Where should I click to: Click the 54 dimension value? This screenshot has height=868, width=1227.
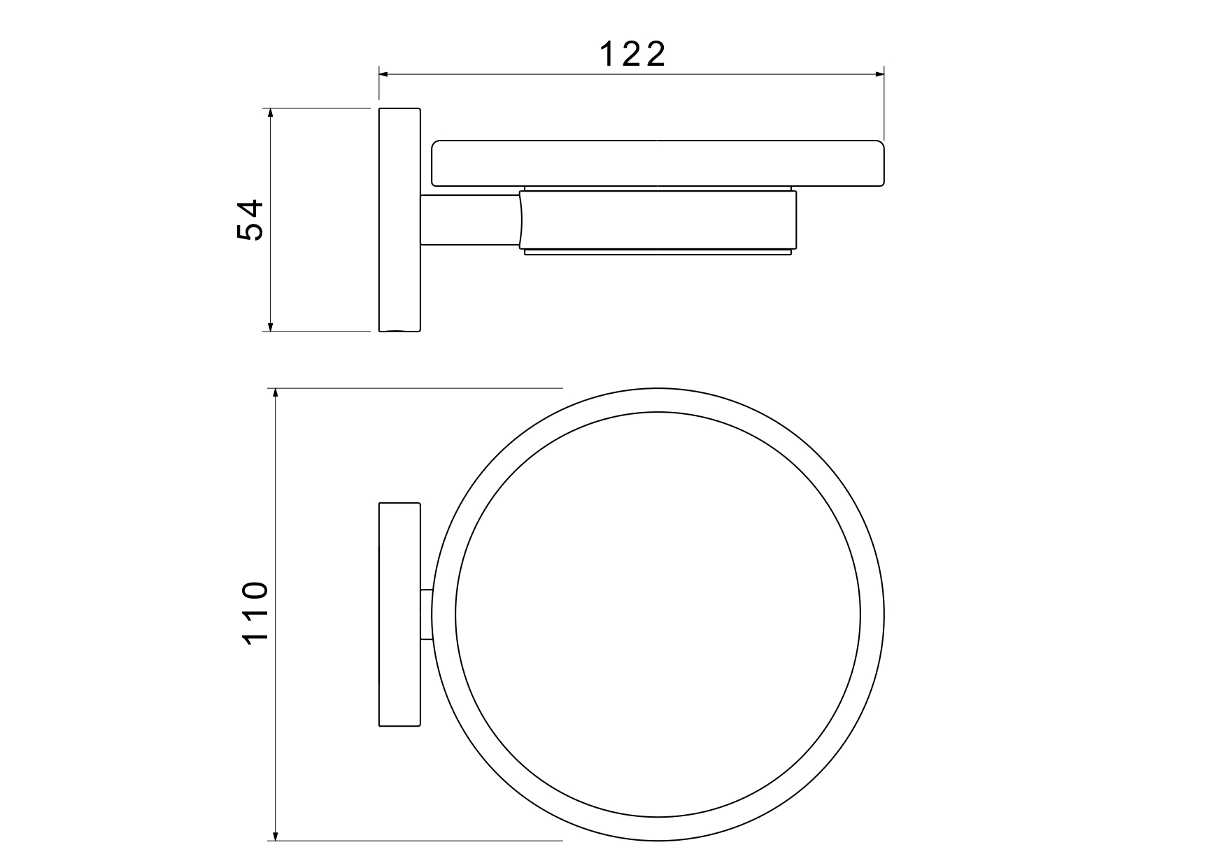point(250,220)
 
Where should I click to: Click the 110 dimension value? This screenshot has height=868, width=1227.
point(254,613)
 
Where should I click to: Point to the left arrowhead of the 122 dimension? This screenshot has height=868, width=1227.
point(384,73)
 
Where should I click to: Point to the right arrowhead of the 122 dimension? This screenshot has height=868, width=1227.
point(879,73)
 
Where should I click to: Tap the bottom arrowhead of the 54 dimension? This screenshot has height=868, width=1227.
point(271,326)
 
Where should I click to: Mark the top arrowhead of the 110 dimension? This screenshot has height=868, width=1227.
point(276,394)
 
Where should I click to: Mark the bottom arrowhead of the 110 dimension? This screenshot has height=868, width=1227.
point(276,835)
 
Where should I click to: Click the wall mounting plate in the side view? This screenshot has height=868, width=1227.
point(399,220)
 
